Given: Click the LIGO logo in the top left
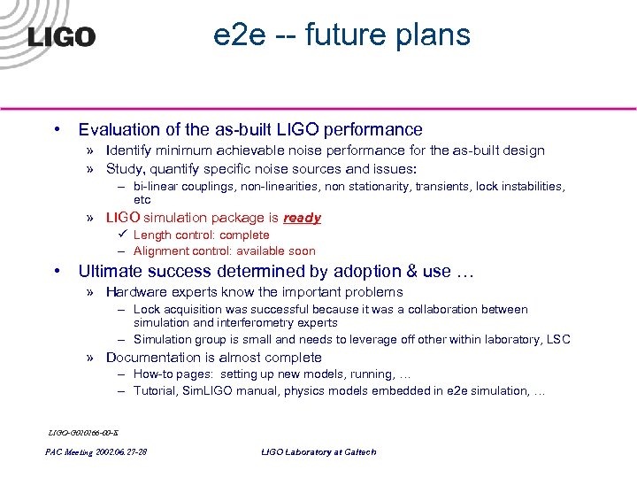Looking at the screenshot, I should [62, 36].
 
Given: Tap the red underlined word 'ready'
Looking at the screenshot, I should [302, 218].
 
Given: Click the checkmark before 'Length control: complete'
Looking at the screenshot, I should [122, 235].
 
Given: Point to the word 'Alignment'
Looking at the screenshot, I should [162, 251].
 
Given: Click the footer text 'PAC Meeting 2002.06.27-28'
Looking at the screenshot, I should [96, 451].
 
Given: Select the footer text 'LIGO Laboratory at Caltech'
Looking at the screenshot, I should [318, 451].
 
